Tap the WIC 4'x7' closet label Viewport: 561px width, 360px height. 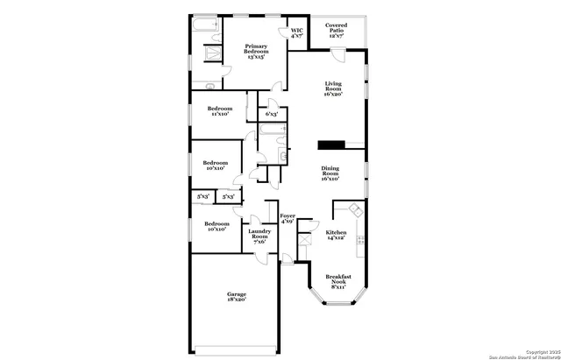[296, 32]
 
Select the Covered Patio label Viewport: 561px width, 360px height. [337, 32]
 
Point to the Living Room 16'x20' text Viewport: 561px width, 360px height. [332, 88]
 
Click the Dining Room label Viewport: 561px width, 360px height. [330, 174]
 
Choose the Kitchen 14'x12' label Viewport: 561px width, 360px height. [337, 236]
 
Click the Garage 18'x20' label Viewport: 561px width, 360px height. [236, 296]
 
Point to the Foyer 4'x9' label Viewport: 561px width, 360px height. [288, 218]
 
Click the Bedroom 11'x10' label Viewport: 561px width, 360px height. [219, 110]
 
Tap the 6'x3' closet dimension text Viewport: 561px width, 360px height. [272, 114]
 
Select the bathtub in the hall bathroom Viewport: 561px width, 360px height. [273, 132]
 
